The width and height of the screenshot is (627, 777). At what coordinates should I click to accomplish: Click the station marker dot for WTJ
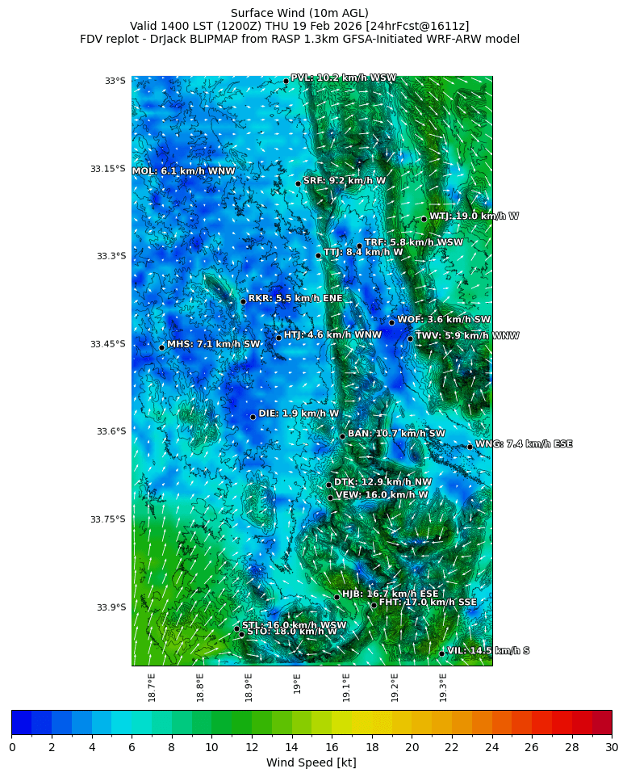point(424,219)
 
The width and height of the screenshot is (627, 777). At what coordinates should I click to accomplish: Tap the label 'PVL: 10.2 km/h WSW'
point(343,78)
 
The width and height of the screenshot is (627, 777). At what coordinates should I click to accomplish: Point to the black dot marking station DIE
point(253,417)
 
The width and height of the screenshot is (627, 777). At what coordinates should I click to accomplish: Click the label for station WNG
point(524,444)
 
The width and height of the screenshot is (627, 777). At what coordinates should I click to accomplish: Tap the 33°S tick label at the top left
point(115,81)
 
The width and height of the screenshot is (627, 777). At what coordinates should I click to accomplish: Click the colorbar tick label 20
point(412,747)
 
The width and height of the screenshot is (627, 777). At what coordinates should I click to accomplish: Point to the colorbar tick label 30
point(611,747)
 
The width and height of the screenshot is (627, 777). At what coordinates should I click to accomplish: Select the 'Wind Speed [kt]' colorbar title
point(311,762)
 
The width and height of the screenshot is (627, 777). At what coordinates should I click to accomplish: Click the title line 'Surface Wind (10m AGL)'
point(299,13)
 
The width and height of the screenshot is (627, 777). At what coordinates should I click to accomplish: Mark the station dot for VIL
point(442,653)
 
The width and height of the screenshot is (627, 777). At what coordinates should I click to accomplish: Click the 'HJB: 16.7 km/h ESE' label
point(390,594)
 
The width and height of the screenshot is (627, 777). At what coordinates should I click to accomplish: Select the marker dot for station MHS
point(161,347)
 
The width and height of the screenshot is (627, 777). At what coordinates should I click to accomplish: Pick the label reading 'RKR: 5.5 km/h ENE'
point(295,298)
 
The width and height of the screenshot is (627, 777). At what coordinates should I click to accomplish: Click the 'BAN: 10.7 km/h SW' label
point(396,434)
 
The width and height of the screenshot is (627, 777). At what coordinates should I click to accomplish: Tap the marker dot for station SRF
point(298,183)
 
